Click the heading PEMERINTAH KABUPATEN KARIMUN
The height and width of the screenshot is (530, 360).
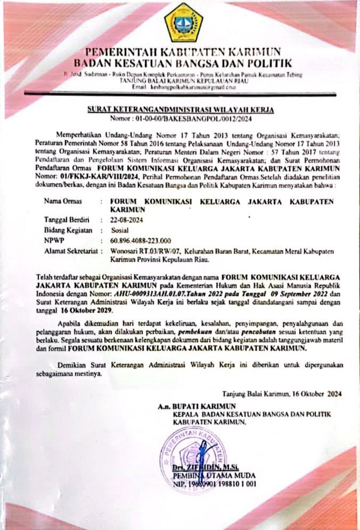[x=183, y=53]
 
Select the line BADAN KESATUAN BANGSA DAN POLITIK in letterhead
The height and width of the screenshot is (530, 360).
[x=183, y=63]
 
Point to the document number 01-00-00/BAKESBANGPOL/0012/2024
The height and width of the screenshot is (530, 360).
[x=183, y=118]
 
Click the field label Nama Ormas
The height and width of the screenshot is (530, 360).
[x=63, y=201]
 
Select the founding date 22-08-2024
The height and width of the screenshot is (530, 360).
[x=126, y=220]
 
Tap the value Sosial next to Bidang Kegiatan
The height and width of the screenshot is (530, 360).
[x=120, y=230]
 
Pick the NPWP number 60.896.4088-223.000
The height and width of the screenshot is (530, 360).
[x=140, y=240]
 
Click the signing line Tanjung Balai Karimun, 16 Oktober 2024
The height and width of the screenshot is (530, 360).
[x=282, y=394]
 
